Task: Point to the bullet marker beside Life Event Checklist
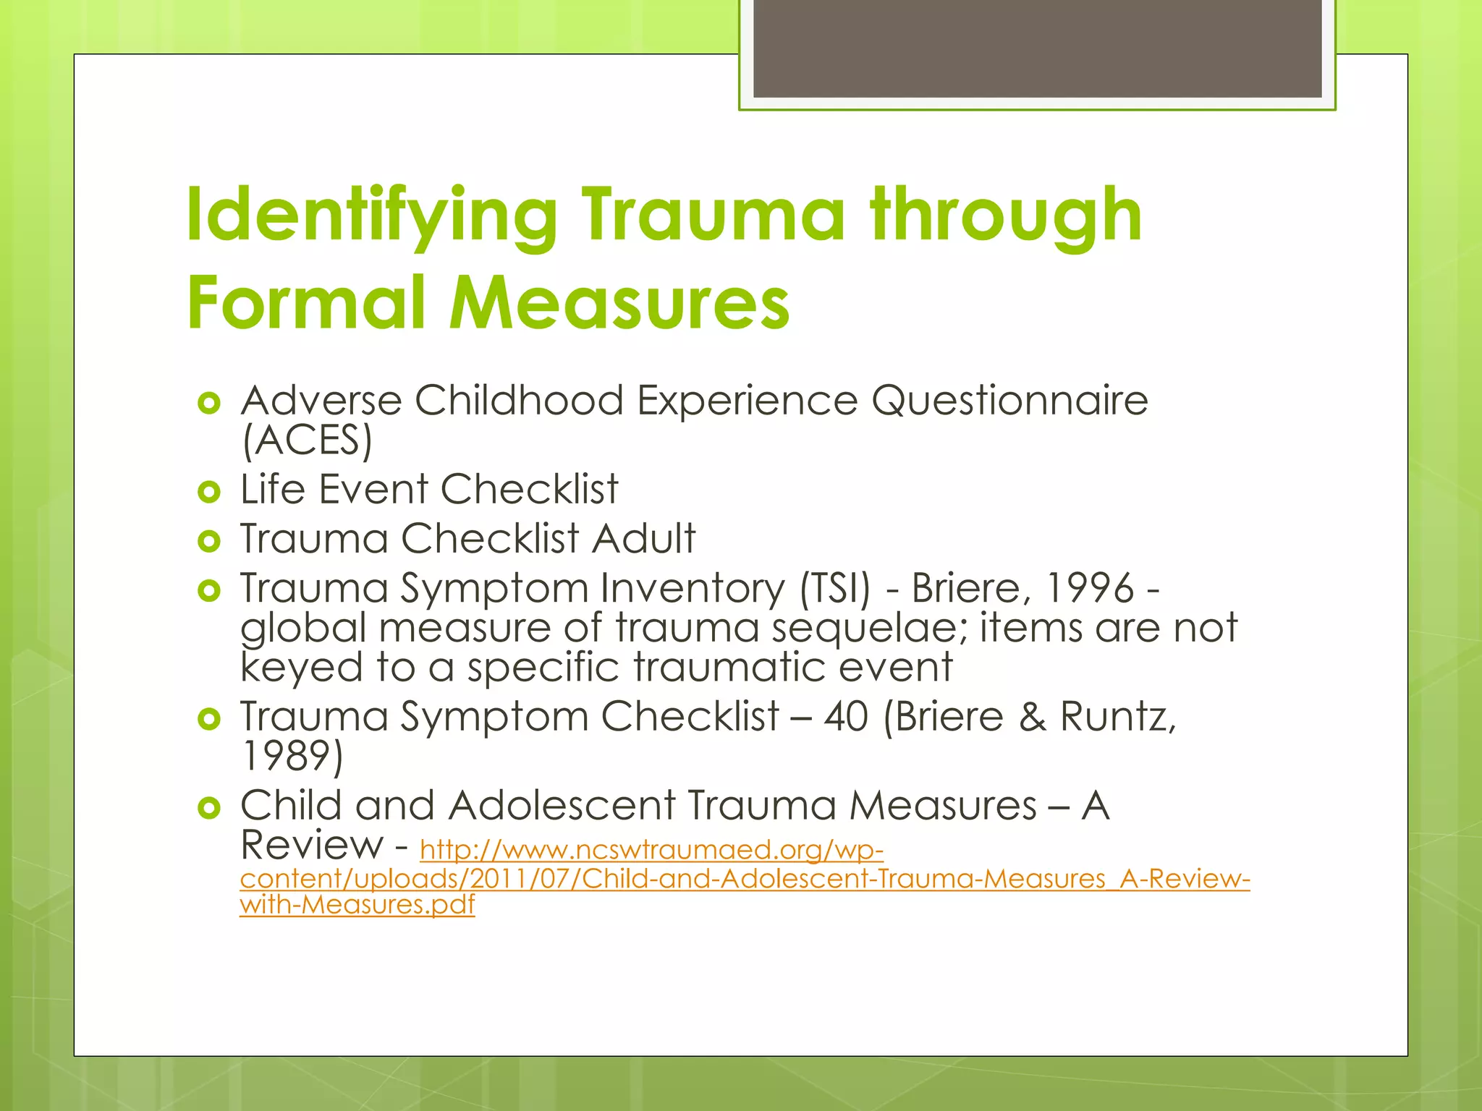pos(208,493)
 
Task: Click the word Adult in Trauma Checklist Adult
pos(643,538)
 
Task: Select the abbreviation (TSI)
pos(834,587)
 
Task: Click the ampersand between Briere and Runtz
pos(1031,717)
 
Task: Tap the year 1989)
pos(292,756)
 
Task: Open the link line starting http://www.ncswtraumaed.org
pos(651,849)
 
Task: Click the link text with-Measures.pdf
pos(357,904)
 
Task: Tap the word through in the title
pos(1006,215)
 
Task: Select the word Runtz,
pos(1118,716)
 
